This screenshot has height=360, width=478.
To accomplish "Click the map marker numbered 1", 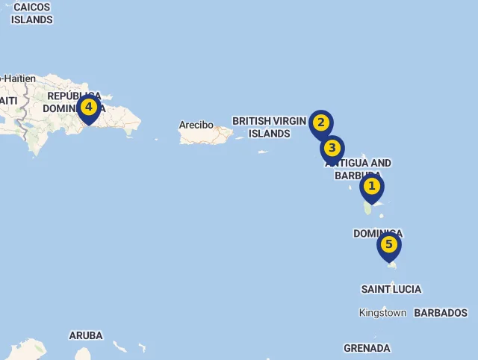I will (371, 187).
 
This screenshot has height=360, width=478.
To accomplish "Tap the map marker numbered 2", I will (320, 123).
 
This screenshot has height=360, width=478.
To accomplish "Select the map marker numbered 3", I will (332, 148).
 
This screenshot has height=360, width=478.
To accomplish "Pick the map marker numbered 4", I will (88, 108).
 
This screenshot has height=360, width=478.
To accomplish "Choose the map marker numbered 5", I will (388, 244).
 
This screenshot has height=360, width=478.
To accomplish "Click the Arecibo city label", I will (196, 125).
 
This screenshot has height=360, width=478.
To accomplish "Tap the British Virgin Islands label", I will (270, 127).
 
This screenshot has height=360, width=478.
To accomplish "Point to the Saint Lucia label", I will (391, 289).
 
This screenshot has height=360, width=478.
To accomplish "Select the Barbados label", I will (441, 313).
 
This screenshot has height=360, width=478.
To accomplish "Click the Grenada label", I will (367, 348).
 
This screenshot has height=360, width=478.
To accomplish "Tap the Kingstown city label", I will (382, 313).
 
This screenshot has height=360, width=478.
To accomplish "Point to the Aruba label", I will (86, 335).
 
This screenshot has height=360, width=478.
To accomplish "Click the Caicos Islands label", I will (31, 13).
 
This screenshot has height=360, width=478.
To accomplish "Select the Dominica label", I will (378, 233).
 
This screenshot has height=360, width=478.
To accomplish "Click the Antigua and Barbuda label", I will (358, 169).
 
